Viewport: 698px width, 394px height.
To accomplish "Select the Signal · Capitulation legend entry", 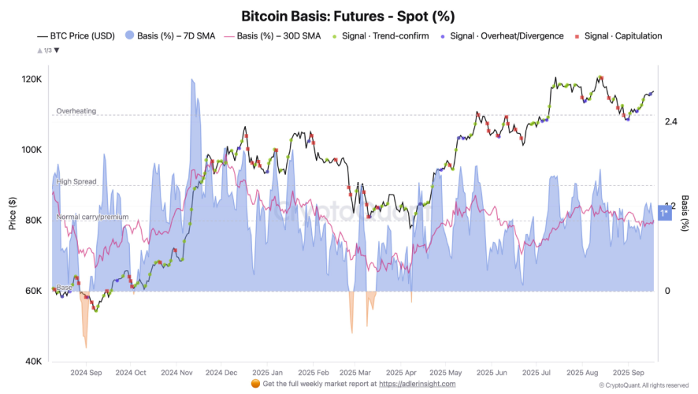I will pyautogui.click(x=622, y=36).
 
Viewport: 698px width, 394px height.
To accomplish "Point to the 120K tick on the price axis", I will pyautogui.click(x=32, y=80).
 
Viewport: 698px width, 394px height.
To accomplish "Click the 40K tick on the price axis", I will pyautogui.click(x=34, y=362).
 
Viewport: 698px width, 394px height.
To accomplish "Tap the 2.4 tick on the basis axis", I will pyautogui.click(x=671, y=121).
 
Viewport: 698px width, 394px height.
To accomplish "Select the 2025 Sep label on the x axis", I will pyautogui.click(x=629, y=372).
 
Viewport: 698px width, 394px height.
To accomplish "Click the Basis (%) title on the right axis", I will pyautogui.click(x=685, y=213).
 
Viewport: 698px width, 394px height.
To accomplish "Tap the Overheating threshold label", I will pyautogui.click(x=76, y=111).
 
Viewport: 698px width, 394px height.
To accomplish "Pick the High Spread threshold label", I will pyautogui.click(x=76, y=182).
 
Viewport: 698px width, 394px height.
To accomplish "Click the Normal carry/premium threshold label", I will pyautogui.click(x=92, y=217).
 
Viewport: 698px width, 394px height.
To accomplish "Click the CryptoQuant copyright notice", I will pyautogui.click(x=644, y=385).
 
